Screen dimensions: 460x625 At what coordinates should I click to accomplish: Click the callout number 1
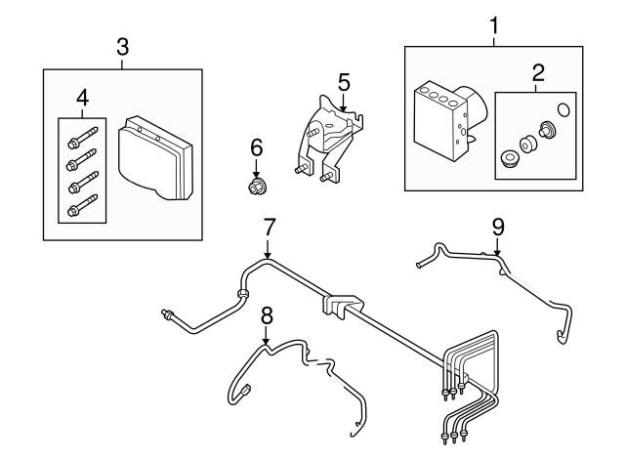pyautogui.click(x=494, y=22)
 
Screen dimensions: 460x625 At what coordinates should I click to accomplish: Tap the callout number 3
pyautogui.click(x=122, y=46)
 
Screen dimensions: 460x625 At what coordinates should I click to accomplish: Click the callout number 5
pyautogui.click(x=344, y=81)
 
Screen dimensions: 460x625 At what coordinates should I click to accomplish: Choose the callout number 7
pyautogui.click(x=269, y=226)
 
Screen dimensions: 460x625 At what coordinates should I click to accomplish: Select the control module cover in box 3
pyautogui.click(x=157, y=159)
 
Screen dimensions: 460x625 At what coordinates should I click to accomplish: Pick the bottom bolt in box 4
pyautogui.click(x=79, y=207)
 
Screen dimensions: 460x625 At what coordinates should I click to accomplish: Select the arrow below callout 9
pyautogui.click(x=497, y=248)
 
